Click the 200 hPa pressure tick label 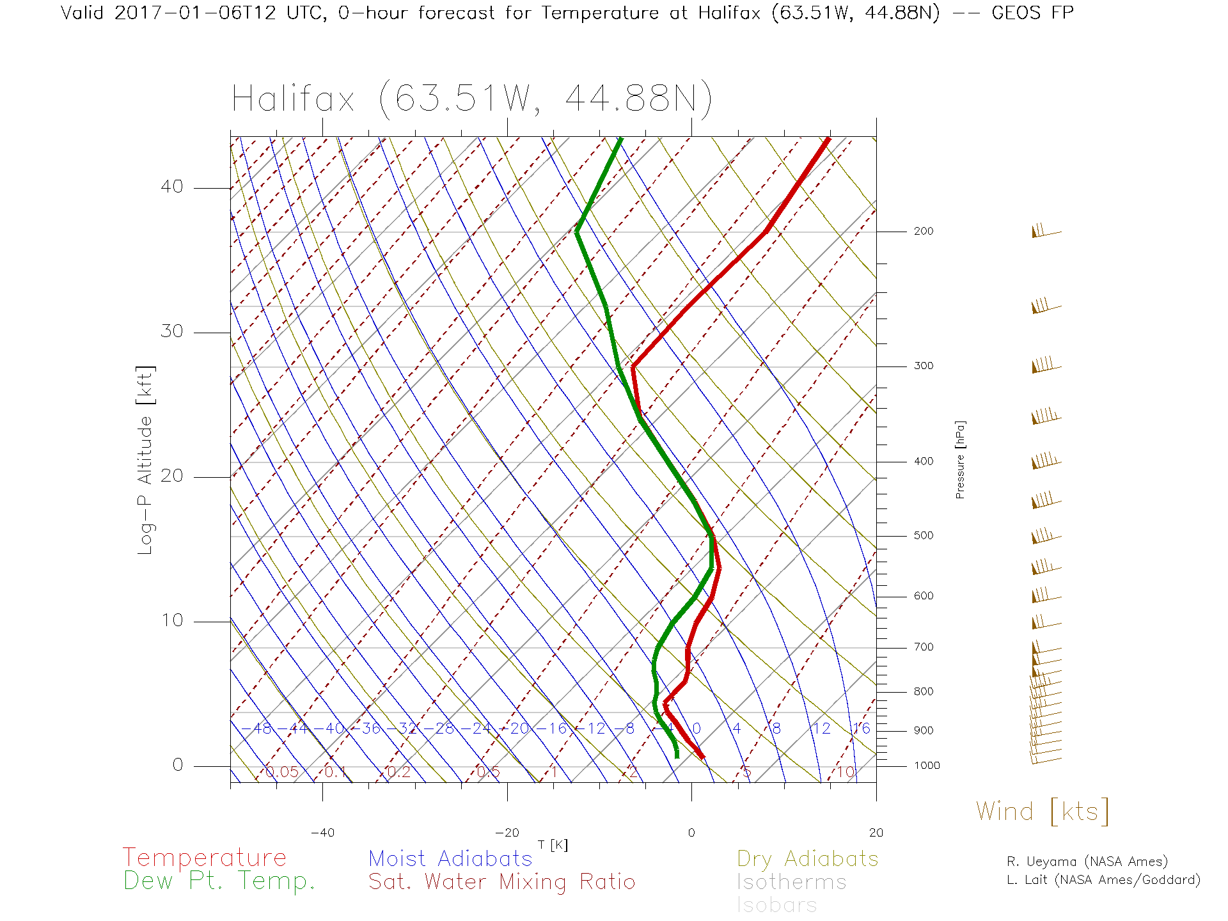point(923,232)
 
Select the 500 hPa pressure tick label point(923,536)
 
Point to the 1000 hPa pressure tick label point(927,766)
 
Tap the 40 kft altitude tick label point(171,187)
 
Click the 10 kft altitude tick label point(171,620)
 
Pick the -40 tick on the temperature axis point(322,833)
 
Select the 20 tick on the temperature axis point(876,833)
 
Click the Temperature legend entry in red point(205,857)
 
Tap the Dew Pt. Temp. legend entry point(219,881)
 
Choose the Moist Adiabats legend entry point(451,859)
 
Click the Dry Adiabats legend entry point(808,859)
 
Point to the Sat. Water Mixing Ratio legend point(502,882)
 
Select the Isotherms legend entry point(792,883)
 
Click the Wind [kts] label point(1043,812)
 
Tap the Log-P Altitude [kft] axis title point(146,460)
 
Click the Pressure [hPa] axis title point(960,459)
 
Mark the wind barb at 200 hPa point(1044,232)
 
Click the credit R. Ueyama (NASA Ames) point(1087,862)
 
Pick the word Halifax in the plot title point(293,100)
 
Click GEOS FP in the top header point(1032,13)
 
